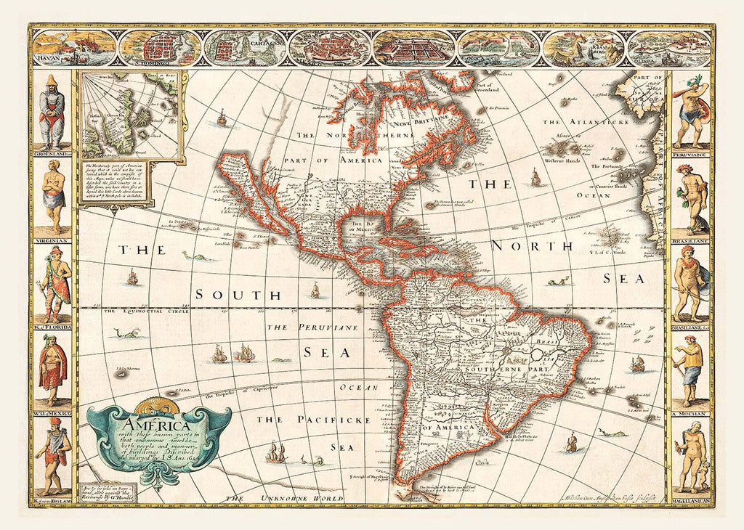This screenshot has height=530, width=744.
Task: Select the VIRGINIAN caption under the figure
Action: tap(52, 239)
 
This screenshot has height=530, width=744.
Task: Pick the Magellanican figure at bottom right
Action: tap(690, 456)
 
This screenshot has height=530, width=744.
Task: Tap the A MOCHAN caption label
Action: tap(690, 413)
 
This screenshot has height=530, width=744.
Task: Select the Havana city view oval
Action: tap(74, 47)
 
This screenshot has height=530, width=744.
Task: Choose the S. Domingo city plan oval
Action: tap(158, 47)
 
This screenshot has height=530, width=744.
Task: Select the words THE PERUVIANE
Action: tap(312, 328)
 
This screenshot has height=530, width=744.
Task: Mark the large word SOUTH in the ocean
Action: tap(237, 295)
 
